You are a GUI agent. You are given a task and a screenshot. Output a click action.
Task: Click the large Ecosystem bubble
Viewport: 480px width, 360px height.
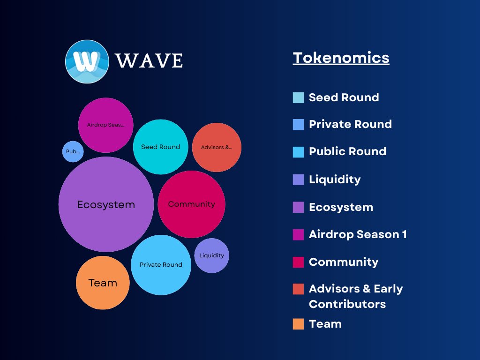point(106,204)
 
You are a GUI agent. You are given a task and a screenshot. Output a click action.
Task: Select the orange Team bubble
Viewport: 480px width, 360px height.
point(103,283)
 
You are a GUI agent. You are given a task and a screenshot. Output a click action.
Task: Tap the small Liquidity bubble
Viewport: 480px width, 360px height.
point(211,255)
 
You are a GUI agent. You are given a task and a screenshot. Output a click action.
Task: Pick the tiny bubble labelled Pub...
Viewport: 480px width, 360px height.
point(73,152)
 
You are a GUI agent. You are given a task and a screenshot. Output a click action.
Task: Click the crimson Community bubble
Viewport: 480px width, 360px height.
point(191,204)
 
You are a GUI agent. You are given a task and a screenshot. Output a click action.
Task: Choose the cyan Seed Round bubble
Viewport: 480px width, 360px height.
point(160,147)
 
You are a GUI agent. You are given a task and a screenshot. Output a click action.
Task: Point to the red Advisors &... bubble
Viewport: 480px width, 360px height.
point(217,147)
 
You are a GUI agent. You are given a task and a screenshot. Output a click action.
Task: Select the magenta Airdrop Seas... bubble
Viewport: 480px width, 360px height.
point(105,125)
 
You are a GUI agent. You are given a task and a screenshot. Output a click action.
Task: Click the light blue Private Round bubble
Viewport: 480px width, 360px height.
point(161,265)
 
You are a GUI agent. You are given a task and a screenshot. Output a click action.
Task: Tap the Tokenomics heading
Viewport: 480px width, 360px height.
point(341,58)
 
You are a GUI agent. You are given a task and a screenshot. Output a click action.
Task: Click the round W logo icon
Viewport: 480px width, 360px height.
point(87,61)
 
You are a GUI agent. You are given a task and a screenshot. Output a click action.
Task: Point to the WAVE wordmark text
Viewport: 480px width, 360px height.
point(149,61)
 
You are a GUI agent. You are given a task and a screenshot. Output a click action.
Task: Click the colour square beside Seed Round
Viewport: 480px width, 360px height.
point(298,97)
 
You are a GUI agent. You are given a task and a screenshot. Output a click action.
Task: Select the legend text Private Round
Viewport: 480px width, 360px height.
point(350,124)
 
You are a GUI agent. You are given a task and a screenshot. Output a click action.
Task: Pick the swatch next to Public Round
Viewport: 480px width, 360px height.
point(298,152)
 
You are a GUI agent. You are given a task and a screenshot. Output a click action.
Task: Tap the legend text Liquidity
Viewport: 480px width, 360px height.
point(335,180)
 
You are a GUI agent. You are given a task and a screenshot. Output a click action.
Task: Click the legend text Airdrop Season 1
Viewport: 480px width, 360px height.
point(358,234)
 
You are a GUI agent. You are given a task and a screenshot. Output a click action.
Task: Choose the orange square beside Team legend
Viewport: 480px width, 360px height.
point(298,324)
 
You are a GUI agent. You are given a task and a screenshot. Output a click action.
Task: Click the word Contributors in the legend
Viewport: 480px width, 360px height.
point(347,304)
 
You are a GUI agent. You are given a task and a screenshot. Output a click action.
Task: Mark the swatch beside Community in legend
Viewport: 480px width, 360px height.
point(298,262)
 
